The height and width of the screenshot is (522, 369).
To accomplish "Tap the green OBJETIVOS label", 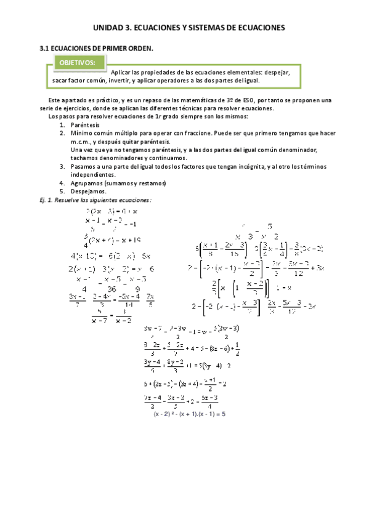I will [x=77, y=63].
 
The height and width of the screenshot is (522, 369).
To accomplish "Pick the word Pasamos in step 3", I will [x=84, y=167].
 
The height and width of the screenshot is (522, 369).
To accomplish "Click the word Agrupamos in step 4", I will [x=89, y=183].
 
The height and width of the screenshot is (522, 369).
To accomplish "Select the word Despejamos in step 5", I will [x=89, y=191].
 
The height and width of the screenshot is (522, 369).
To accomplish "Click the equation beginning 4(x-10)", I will [x=112, y=256].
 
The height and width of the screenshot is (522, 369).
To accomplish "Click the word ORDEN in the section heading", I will [x=136, y=48].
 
